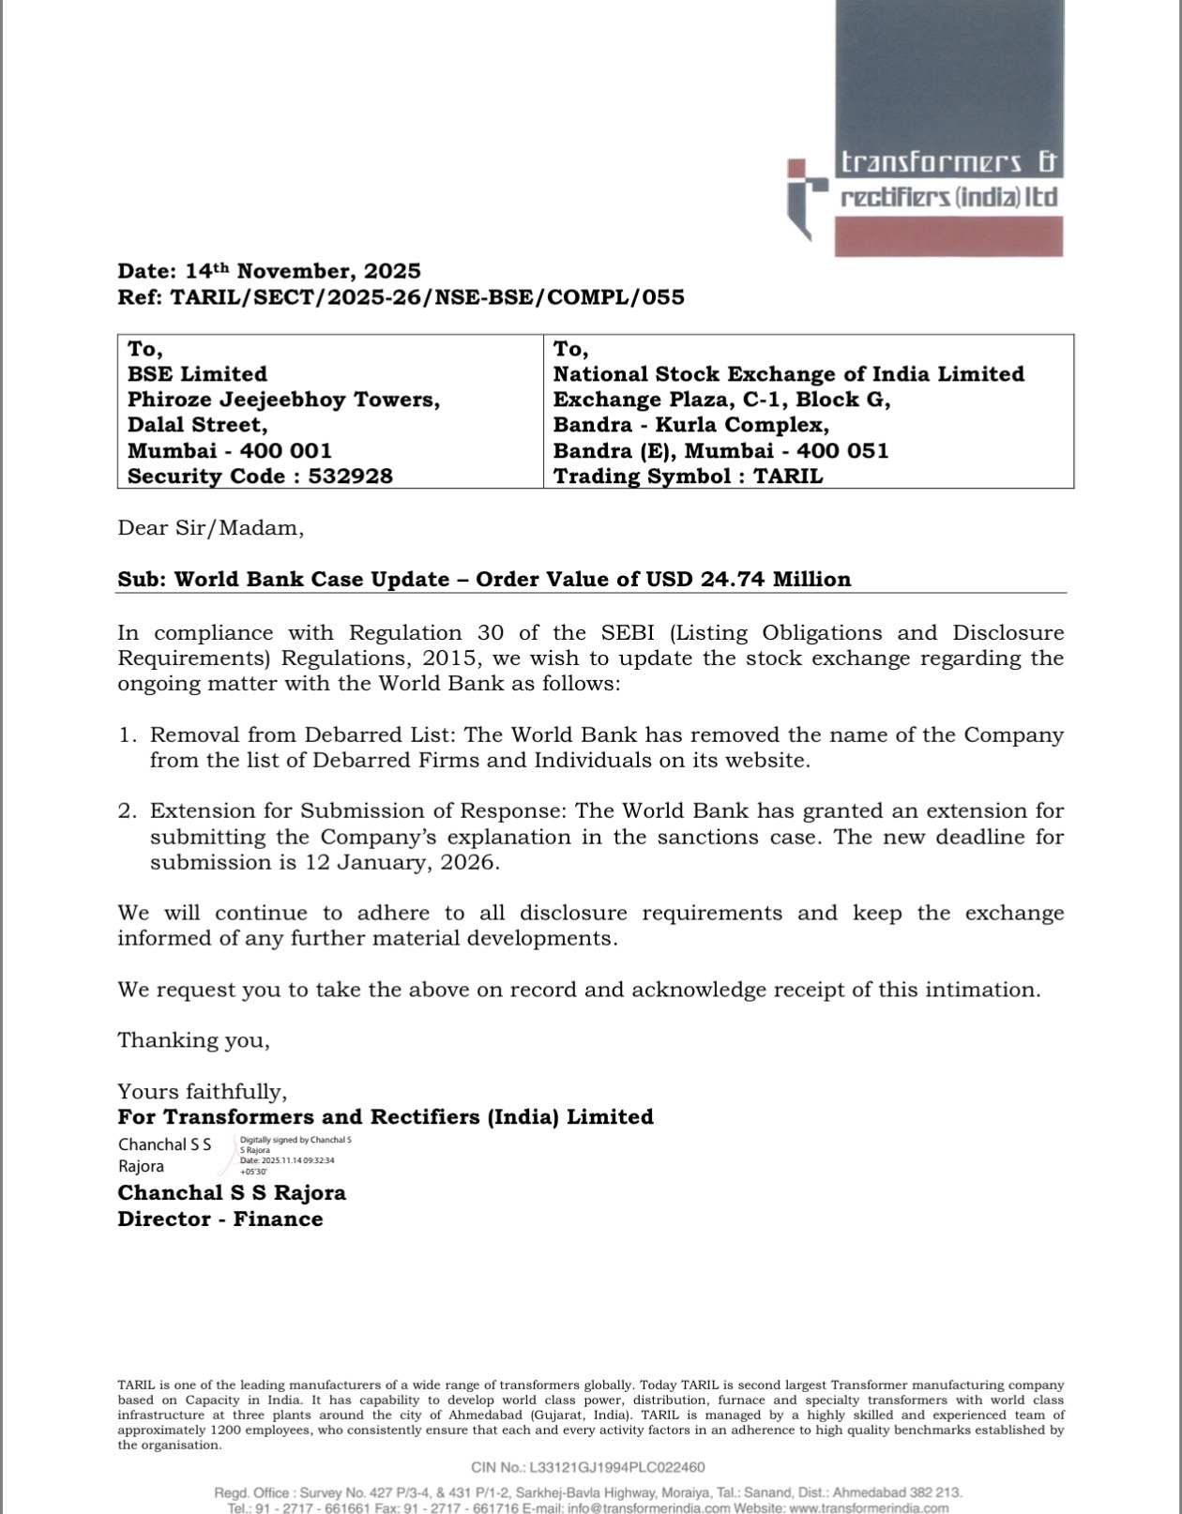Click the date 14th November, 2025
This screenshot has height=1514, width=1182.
pos(303,271)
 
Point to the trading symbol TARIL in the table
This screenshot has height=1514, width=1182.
pos(788,476)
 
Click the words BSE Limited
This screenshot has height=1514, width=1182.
pos(197,374)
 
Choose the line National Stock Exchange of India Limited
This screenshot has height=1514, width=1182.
pos(788,374)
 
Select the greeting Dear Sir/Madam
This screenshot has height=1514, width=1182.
pos(210,528)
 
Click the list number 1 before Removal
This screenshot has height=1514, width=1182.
pos(127,734)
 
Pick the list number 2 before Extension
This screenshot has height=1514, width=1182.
pos(127,810)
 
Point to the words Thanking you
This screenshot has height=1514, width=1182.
pos(193,1040)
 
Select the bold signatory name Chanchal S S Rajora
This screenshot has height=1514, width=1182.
pos(232,1193)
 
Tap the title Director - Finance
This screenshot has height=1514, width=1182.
pos(220,1219)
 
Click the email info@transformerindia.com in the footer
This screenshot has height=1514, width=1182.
pos(649,1507)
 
